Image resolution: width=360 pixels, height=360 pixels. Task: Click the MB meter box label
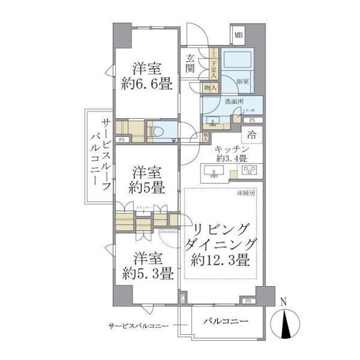point(238,35)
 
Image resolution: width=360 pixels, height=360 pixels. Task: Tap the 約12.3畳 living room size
point(220,260)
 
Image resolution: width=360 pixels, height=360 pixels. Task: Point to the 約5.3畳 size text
point(147,274)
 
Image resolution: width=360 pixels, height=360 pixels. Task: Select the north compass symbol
point(285,325)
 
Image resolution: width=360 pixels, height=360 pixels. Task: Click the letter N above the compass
point(284,302)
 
